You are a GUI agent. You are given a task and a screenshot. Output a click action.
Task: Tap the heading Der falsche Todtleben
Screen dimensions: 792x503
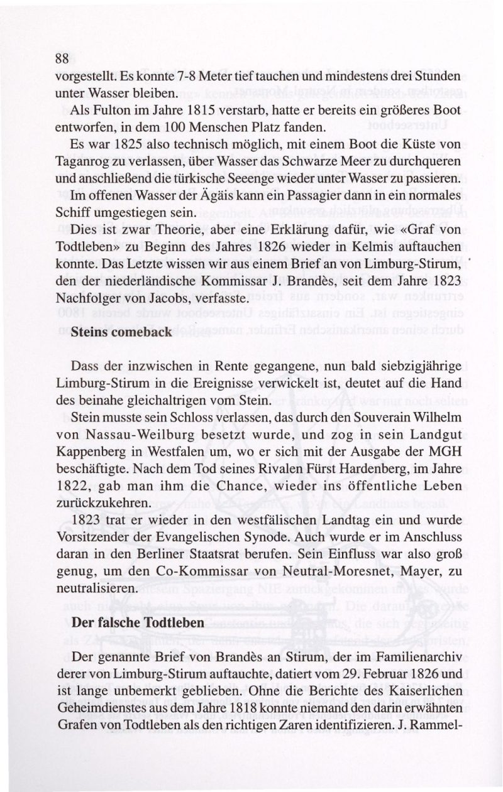click(x=138, y=622)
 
